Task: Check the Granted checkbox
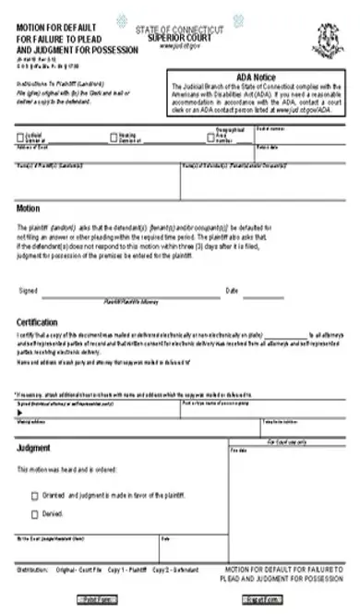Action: click(35, 495)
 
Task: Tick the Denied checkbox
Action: click(35, 513)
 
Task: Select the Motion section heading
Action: click(29, 209)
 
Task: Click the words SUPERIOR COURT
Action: click(179, 38)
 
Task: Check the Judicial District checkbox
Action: click(20, 138)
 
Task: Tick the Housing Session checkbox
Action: click(114, 138)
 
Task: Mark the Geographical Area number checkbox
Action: click(210, 138)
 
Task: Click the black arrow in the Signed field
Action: click(20, 415)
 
